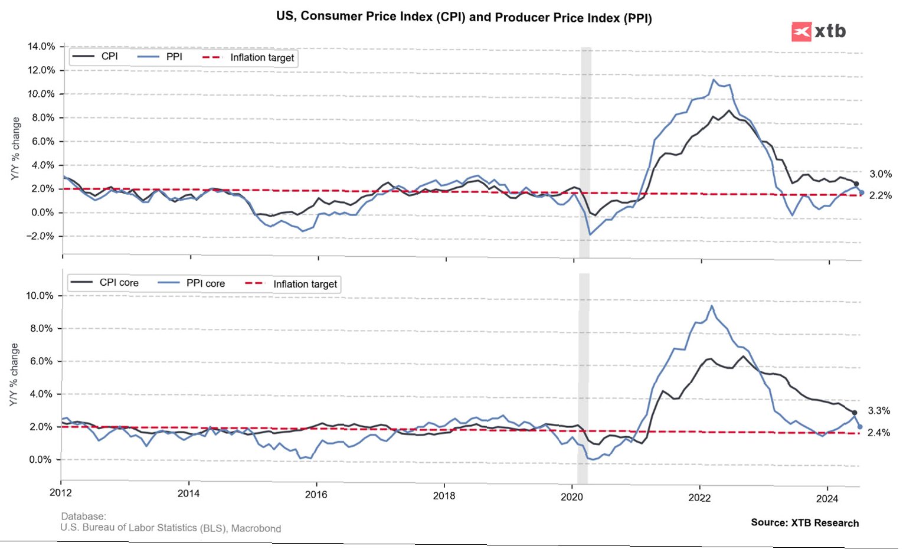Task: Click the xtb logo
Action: coord(819,31)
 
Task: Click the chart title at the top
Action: coord(464,17)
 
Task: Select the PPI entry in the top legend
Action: coord(174,57)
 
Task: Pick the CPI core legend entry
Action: coord(119,283)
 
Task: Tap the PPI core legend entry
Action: coord(205,283)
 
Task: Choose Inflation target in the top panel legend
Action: coord(261,57)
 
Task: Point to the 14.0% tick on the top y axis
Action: coord(41,47)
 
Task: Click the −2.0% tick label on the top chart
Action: coord(40,236)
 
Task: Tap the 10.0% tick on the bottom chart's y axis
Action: coord(40,296)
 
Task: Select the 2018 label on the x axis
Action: coord(444,496)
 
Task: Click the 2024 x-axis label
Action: coord(827,499)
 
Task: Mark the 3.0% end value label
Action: coord(880,174)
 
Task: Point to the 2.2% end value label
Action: coord(880,195)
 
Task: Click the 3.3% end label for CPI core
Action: coord(879,411)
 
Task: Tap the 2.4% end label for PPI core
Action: coord(878,433)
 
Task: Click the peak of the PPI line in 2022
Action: coord(715,79)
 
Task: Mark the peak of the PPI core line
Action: coord(712,306)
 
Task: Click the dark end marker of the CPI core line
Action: coord(854,413)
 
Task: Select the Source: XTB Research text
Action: coord(804,522)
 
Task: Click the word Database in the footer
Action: coord(83,517)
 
